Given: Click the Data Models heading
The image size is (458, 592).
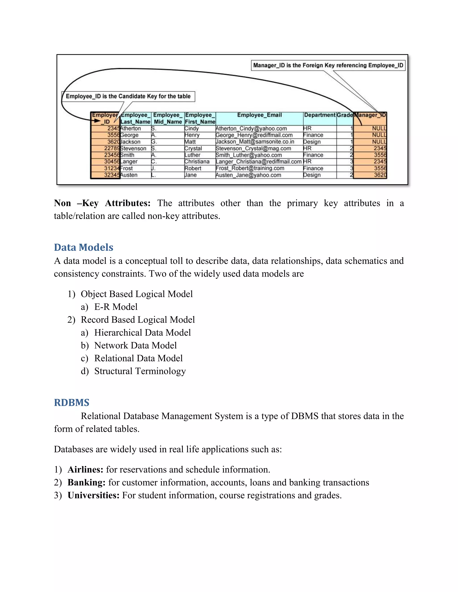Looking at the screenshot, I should [x=84, y=247].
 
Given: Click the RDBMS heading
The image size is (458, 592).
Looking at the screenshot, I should [x=72, y=403].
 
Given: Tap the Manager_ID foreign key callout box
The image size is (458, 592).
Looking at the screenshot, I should [x=328, y=65].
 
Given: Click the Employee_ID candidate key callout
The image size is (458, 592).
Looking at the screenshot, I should [x=128, y=96].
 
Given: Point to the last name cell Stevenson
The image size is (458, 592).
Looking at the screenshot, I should [x=133, y=149].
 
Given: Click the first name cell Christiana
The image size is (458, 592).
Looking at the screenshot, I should [x=197, y=162].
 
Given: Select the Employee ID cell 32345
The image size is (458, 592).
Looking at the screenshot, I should [x=112, y=175].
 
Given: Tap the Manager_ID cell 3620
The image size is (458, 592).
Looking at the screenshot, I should [x=380, y=175].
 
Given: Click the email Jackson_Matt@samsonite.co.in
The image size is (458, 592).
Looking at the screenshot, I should [x=255, y=142].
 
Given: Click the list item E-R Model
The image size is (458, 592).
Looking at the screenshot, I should [x=116, y=307].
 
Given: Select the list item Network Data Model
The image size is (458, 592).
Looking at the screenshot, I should [x=135, y=345].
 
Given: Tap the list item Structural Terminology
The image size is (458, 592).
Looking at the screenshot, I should [x=140, y=371].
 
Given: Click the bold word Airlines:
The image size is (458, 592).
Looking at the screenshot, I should [x=85, y=470].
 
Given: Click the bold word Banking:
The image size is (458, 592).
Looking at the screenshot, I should [x=87, y=483].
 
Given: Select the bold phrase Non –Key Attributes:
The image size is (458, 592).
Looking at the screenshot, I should [x=102, y=203].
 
